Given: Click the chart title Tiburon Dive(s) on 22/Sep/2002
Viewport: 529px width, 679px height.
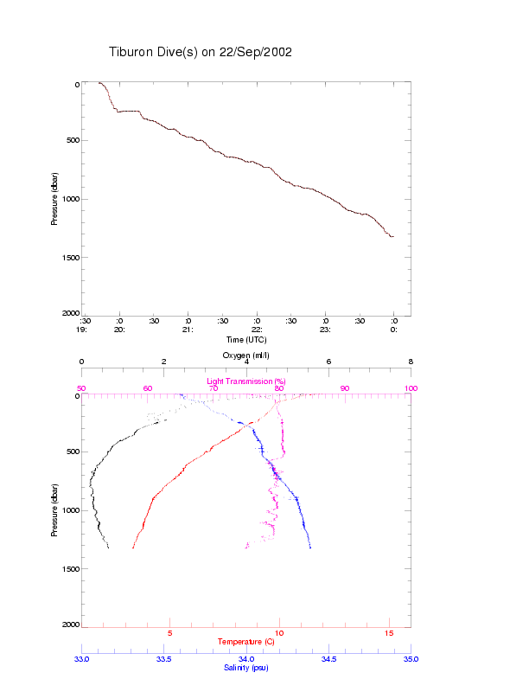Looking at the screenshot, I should pyautogui.click(x=201, y=52).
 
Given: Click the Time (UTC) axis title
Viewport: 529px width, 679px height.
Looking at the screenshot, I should pyautogui.click(x=246, y=339).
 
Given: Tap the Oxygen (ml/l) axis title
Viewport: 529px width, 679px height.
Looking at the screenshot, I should pyautogui.click(x=246, y=356).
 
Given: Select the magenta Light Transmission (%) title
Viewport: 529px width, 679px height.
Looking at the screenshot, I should pyautogui.click(x=246, y=381).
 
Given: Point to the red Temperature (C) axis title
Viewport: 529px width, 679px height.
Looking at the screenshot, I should pyautogui.click(x=246, y=642).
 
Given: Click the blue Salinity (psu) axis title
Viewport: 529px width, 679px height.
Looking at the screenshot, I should pyautogui.click(x=246, y=668).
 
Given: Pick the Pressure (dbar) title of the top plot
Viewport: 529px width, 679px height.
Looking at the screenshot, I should pyautogui.click(x=54, y=198).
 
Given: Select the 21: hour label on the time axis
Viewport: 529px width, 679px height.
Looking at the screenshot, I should pyautogui.click(x=188, y=330).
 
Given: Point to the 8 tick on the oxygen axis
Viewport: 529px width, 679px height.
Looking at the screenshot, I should pyautogui.click(x=411, y=362).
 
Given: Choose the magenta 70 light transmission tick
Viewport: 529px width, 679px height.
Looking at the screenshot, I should pyautogui.click(x=213, y=388).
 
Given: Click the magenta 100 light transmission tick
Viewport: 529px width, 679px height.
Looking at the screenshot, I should pyautogui.click(x=410, y=388).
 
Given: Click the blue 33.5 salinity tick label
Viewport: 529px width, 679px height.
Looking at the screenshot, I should pyautogui.click(x=163, y=659).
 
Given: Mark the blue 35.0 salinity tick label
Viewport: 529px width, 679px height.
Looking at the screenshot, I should pyautogui.click(x=410, y=659).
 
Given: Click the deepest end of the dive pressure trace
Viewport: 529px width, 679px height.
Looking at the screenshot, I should pyautogui.click(x=392, y=236).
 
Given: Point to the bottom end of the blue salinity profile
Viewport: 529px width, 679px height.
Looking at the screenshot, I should pyautogui.click(x=310, y=548).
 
